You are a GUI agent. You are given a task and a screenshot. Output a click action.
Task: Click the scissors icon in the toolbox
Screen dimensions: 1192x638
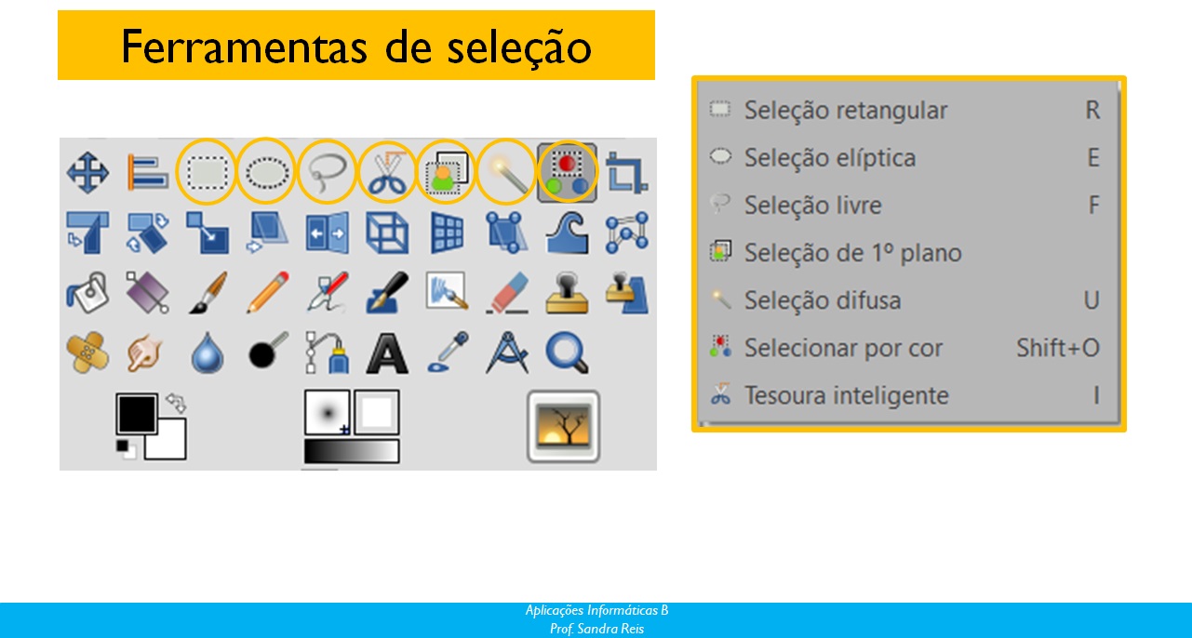pyautogui.click(x=387, y=173)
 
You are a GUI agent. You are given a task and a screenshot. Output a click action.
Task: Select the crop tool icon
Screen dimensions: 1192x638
pyautogui.click(x=627, y=172)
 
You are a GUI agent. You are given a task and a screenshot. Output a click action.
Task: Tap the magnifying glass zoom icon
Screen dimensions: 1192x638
pyautogui.click(x=568, y=352)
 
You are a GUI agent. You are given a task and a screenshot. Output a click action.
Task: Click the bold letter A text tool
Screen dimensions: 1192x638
pyautogui.click(x=387, y=353)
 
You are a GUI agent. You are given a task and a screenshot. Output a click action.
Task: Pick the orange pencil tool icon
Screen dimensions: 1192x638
pyautogui.click(x=268, y=292)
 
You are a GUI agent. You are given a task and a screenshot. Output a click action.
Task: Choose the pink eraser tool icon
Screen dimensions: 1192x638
pyautogui.click(x=507, y=292)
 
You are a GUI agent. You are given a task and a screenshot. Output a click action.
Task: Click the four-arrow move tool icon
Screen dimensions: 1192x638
pyautogui.click(x=87, y=173)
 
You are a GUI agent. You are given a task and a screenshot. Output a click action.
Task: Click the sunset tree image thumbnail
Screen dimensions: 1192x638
pyautogui.click(x=564, y=426)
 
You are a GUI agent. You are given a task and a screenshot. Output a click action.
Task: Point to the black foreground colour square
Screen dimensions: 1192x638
pyautogui.click(x=136, y=414)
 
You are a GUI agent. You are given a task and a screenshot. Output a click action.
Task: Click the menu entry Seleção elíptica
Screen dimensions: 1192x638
pyautogui.click(x=830, y=158)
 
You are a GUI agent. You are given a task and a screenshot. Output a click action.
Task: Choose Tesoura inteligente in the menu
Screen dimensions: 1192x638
pyautogui.click(x=846, y=395)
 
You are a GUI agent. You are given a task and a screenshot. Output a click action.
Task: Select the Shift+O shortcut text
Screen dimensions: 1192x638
pyautogui.click(x=1058, y=348)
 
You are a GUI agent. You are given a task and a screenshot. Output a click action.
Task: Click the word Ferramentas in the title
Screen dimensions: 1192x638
pyautogui.click(x=244, y=47)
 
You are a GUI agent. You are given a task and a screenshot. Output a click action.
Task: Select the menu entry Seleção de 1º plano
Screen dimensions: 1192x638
pyautogui.click(x=852, y=253)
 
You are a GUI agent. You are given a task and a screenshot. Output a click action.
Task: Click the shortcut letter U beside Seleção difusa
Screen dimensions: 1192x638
pyautogui.click(x=1092, y=301)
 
